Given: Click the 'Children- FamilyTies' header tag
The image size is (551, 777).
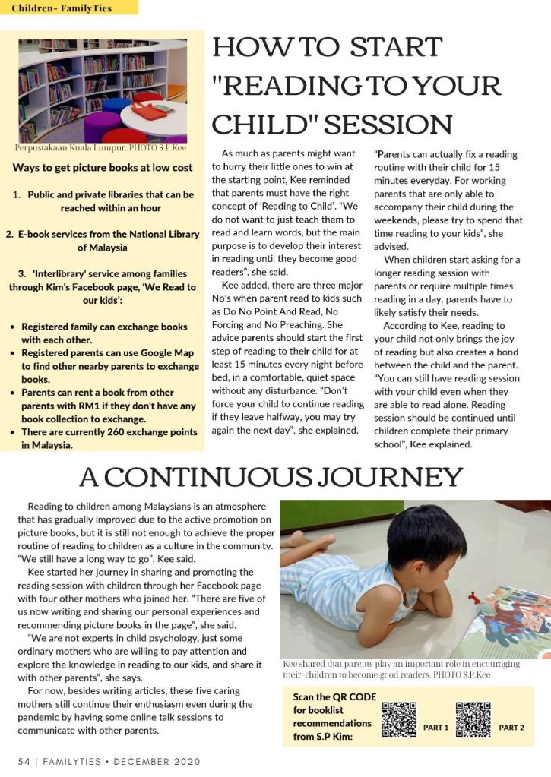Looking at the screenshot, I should [62, 8].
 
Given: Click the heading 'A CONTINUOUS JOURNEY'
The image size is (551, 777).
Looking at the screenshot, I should [271, 477].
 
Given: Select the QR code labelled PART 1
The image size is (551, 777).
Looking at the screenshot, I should [399, 719].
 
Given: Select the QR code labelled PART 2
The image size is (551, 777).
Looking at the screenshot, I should [473, 719].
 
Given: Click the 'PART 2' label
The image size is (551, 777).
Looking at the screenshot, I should [511, 728].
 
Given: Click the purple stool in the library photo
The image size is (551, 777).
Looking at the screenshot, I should [103, 124].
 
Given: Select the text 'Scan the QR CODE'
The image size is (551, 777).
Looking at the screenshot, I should [334, 696].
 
